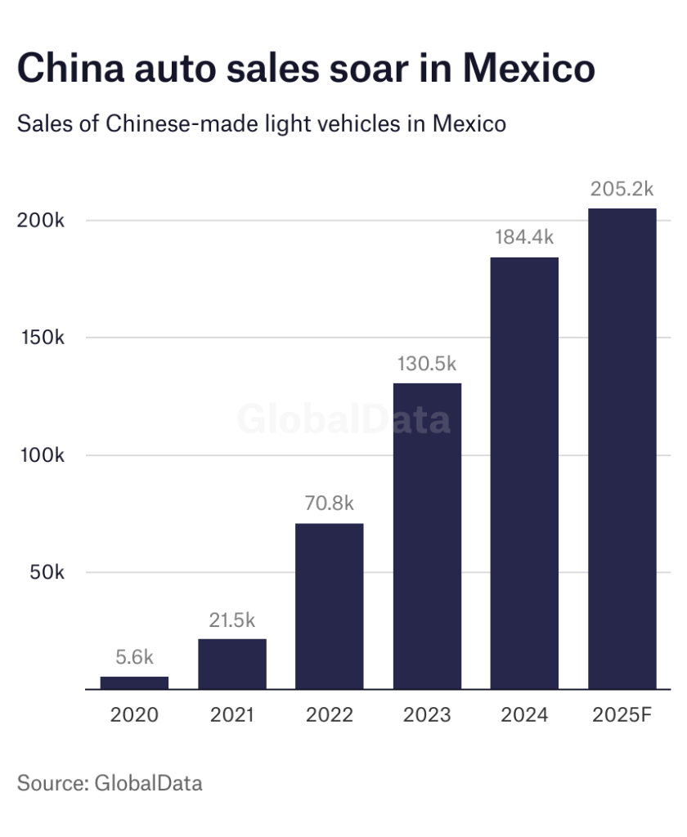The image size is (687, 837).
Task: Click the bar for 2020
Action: pyautogui.click(x=134, y=683)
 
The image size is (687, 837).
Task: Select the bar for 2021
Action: pyautogui.click(x=232, y=664)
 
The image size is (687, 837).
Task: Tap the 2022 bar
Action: pyautogui.click(x=330, y=606)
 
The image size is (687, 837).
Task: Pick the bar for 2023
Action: pyautogui.click(x=427, y=535)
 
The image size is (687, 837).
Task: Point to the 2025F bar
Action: pyautogui.click(x=622, y=449)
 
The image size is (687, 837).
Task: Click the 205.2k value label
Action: pyautogui.click(x=622, y=189)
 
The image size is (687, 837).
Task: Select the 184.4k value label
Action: pyautogui.click(x=524, y=238)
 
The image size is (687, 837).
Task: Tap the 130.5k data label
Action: pyautogui.click(x=427, y=364)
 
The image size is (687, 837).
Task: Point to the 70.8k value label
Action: pyautogui.click(x=330, y=504)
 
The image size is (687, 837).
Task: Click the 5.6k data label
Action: pyautogui.click(x=134, y=656)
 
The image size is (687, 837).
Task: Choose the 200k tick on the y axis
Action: pyautogui.click(x=41, y=221)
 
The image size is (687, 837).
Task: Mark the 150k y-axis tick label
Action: pyautogui.click(x=41, y=338)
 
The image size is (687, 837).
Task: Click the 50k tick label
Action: pyautogui.click(x=47, y=572)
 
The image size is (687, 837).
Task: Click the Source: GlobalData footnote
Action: pyautogui.click(x=110, y=782)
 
